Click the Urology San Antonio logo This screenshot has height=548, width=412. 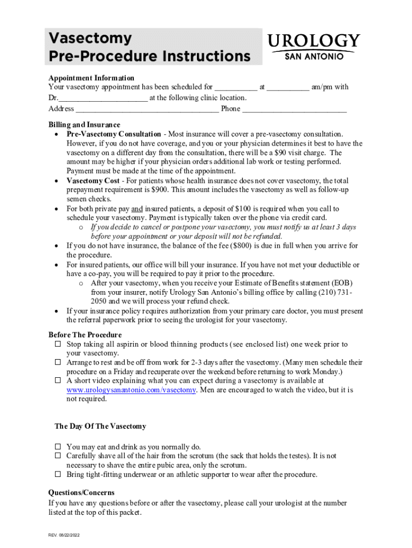tap(314, 46)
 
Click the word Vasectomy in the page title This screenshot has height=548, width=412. tap(90, 38)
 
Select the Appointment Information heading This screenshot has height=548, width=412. tap(91, 78)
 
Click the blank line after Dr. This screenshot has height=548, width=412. tap(103, 98)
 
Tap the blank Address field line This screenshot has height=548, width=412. tap(147, 109)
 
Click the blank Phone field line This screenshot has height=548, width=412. tap(294, 109)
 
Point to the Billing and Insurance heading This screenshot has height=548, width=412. tap(84, 125)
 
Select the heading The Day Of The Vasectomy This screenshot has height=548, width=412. tap(100, 427)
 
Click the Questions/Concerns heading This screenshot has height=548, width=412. tap(81, 492)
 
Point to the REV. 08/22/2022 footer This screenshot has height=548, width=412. tap(64, 535)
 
